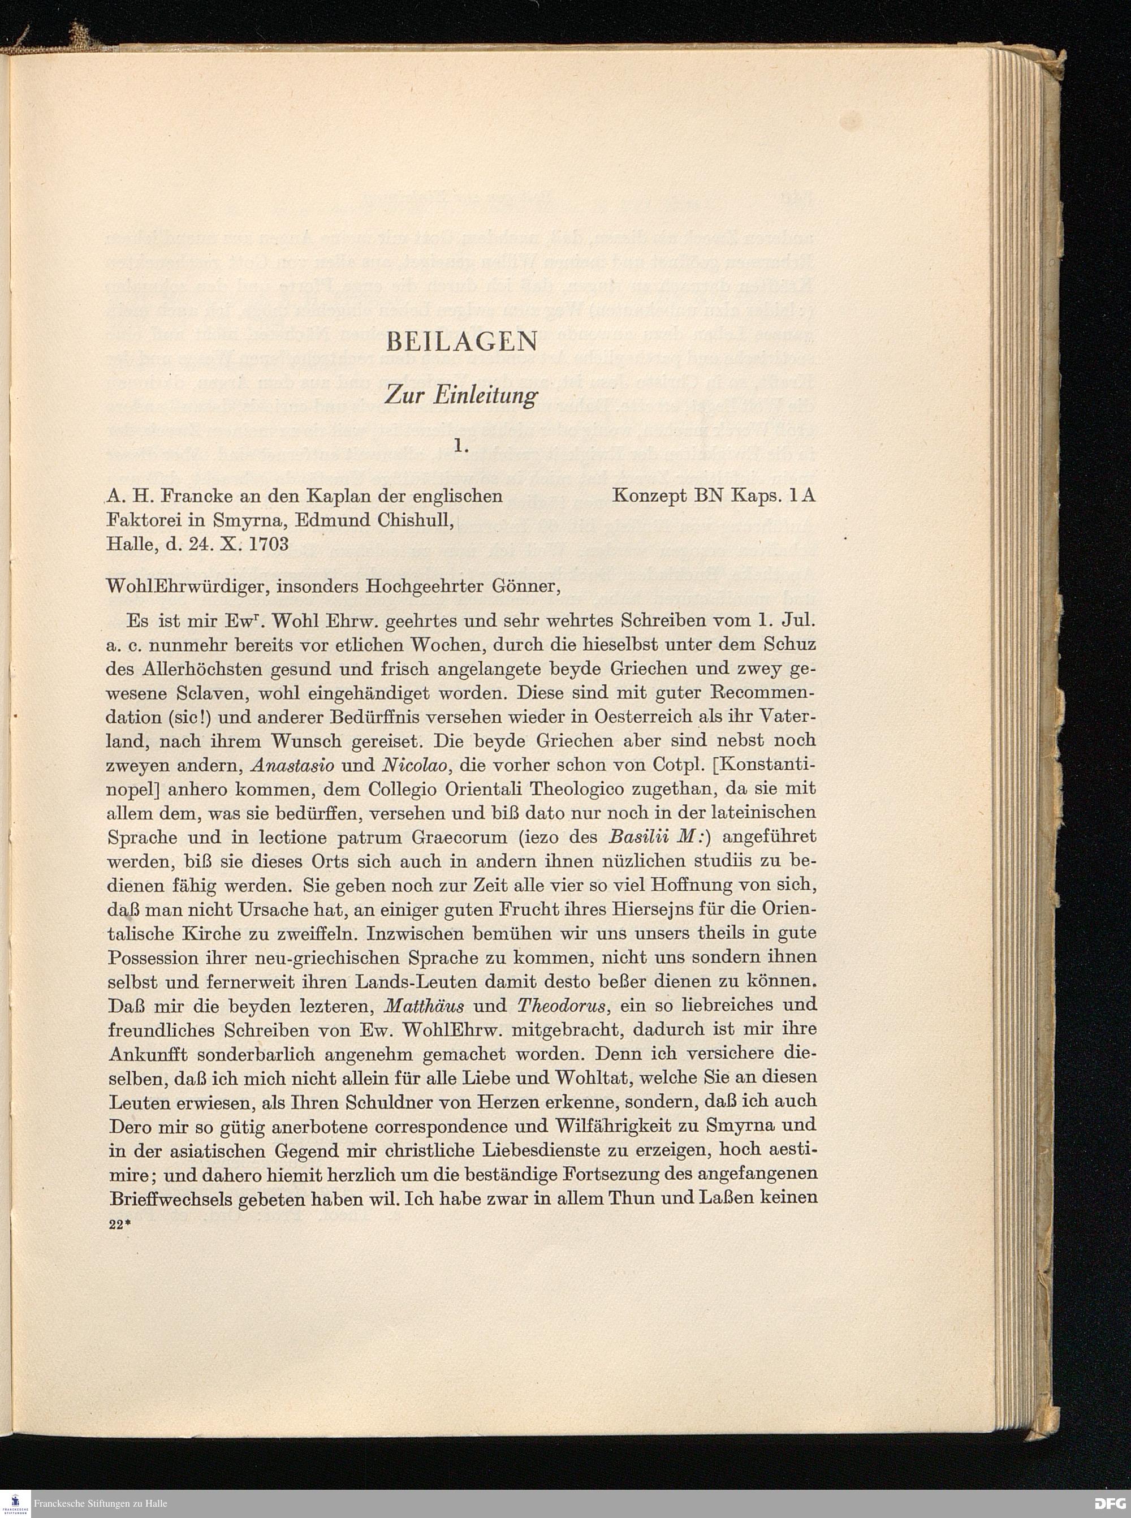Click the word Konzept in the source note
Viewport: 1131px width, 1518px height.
[x=650, y=496]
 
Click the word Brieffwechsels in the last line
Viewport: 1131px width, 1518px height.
[x=172, y=1198]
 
